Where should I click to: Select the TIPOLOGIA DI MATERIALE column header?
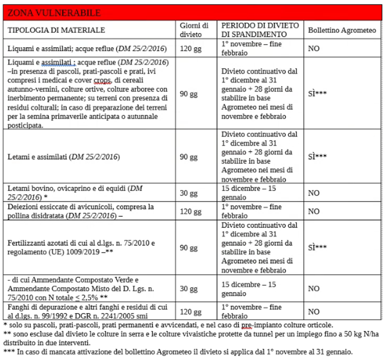tap(55, 30)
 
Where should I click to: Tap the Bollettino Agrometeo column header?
tap(342, 30)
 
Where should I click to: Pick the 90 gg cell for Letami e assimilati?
tap(189, 157)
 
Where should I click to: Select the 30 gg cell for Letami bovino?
tap(189, 192)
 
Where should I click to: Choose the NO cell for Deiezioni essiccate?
tap(314, 212)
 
